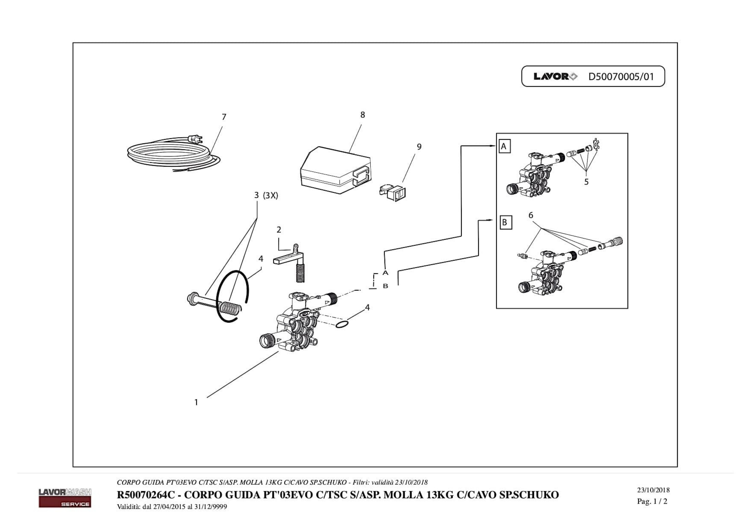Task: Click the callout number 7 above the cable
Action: click(x=224, y=117)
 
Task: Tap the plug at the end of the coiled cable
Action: click(x=195, y=139)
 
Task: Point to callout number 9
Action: click(x=419, y=147)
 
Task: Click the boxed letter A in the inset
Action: click(x=504, y=147)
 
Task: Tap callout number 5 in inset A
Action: click(x=586, y=182)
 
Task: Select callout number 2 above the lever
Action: click(x=278, y=230)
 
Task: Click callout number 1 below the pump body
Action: click(x=196, y=402)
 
